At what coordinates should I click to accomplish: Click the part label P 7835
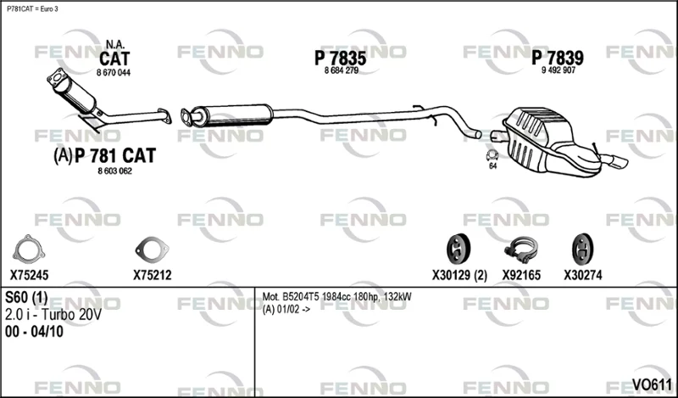[341, 58]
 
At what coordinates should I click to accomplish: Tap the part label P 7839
[558, 58]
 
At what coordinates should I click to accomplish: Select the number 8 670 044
[114, 73]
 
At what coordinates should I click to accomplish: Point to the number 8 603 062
[114, 171]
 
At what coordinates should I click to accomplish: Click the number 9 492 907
[559, 70]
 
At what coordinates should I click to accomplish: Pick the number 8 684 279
[342, 70]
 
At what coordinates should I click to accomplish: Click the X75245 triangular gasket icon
[29, 249]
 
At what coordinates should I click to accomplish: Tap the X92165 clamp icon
[521, 249]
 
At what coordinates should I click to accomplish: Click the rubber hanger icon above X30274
[582, 249]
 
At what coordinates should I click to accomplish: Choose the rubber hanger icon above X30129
[458, 249]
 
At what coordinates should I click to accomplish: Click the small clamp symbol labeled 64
[492, 155]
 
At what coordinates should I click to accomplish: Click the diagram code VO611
[652, 384]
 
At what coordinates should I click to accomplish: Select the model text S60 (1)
[26, 298]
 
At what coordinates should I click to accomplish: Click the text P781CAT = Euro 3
[32, 9]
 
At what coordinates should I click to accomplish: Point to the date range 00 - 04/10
[34, 332]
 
